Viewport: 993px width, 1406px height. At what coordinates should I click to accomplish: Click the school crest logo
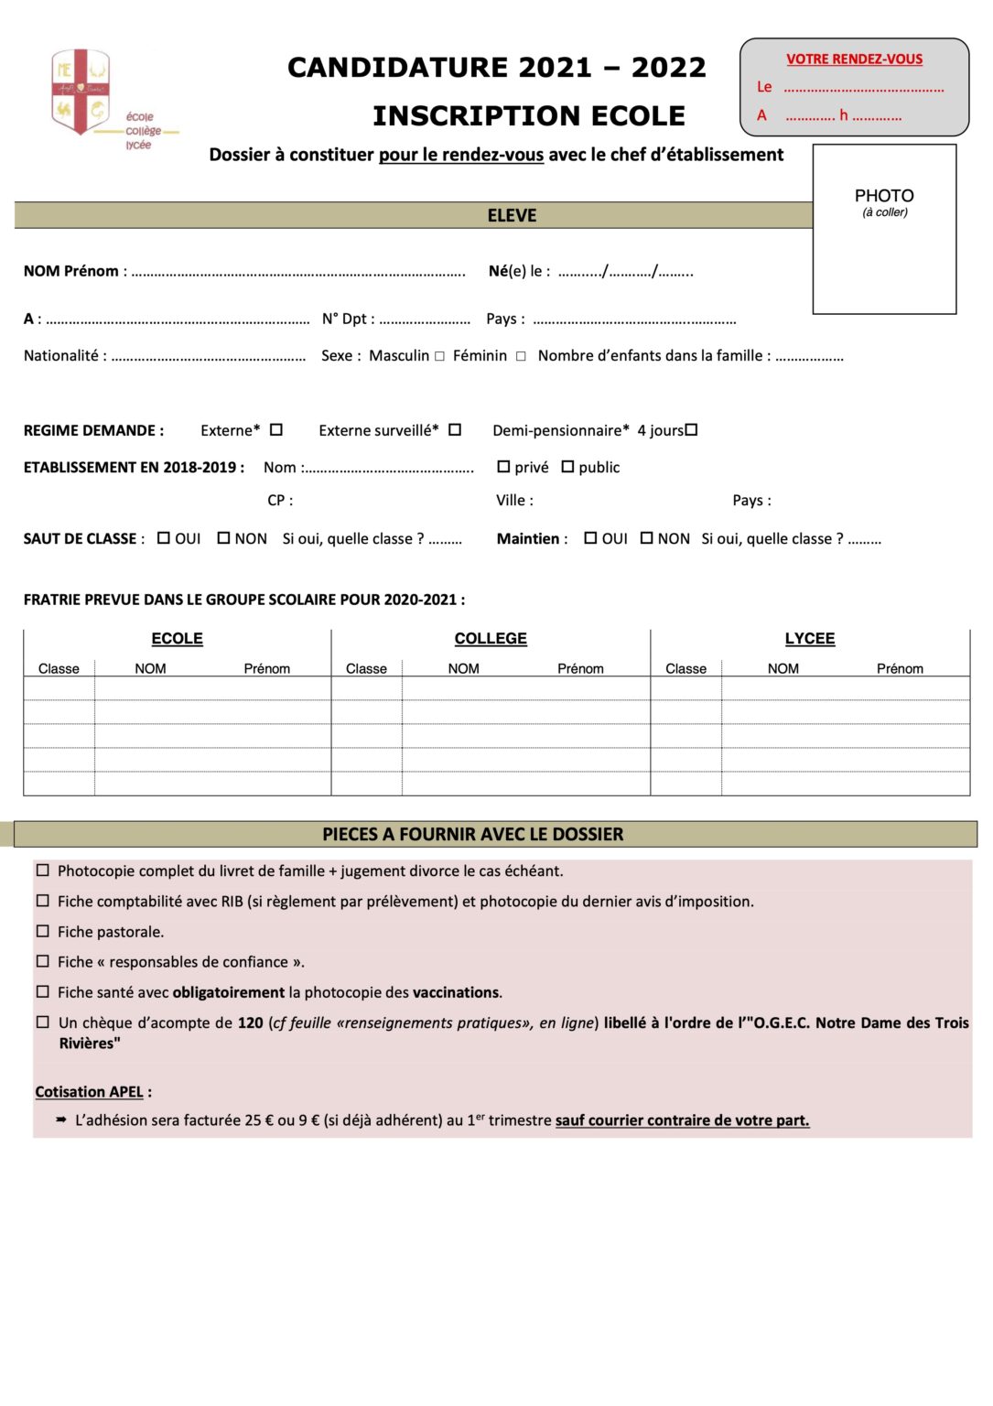click(x=81, y=92)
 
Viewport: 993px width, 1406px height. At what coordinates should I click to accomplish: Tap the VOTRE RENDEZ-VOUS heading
click(x=854, y=59)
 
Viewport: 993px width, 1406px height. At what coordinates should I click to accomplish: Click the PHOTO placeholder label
click(x=884, y=196)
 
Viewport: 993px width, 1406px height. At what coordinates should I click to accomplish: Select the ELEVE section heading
click(x=512, y=216)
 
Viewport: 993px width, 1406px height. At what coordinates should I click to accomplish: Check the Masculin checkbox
click(x=440, y=357)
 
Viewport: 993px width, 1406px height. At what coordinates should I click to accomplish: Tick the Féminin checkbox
click(x=521, y=357)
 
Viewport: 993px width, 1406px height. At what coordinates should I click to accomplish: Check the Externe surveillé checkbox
click(x=455, y=430)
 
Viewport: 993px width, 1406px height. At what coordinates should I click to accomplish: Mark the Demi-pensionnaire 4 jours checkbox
click(x=692, y=430)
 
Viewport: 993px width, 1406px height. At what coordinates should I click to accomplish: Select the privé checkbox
click(x=503, y=467)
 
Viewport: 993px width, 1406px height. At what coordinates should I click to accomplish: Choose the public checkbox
click(x=567, y=467)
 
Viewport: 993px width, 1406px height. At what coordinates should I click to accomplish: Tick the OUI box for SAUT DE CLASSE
click(x=164, y=538)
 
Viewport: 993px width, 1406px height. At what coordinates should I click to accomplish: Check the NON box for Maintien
click(x=647, y=538)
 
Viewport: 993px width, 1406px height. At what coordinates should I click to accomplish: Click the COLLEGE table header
click(x=491, y=639)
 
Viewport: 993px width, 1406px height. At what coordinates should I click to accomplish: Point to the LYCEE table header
click(x=810, y=639)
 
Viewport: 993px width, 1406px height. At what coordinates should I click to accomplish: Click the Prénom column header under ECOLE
click(x=266, y=669)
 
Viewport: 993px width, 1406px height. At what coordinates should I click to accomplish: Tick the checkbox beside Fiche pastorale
click(x=43, y=931)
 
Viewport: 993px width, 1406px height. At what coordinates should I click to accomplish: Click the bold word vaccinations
click(x=456, y=992)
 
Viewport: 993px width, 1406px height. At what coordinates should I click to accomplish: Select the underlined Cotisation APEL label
click(x=89, y=1092)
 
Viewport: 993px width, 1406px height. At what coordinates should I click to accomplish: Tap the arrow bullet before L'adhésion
click(x=61, y=1119)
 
